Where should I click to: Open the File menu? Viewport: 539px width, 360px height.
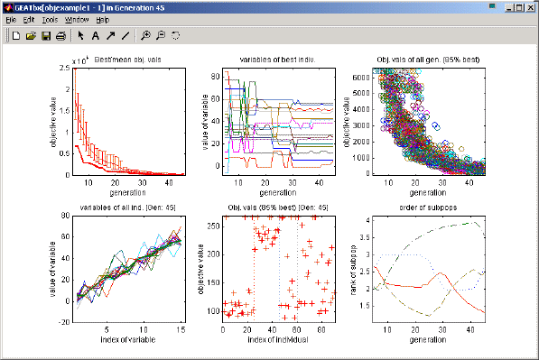tap(11, 19)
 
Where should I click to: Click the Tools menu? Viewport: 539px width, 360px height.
tap(50, 19)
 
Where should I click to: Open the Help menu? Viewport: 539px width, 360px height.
tap(102, 19)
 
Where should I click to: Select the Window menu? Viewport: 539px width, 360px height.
tap(77, 19)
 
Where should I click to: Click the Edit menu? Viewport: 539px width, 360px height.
tap(29, 19)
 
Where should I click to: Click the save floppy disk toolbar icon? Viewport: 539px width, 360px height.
tap(45, 36)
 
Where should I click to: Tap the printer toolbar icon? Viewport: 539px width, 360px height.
tap(60, 36)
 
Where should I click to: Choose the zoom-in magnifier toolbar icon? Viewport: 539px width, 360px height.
tap(145, 36)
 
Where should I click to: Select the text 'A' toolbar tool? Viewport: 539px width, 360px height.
tap(96, 36)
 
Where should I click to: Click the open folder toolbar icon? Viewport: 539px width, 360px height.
tap(31, 36)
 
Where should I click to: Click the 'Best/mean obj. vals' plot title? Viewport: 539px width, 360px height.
tap(125, 60)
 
